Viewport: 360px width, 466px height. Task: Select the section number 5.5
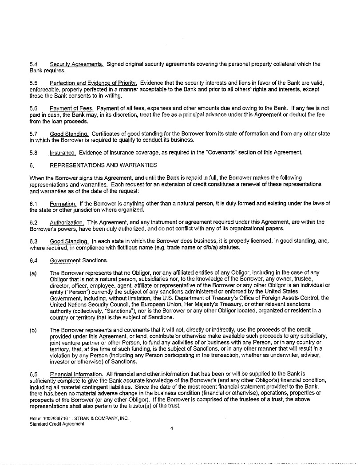[x=33, y=83]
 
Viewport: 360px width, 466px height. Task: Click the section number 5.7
[x=33, y=134]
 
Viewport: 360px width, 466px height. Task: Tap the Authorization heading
[x=67, y=222]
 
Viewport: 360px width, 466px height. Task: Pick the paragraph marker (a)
[x=33, y=272]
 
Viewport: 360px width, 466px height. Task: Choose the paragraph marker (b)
[x=33, y=330]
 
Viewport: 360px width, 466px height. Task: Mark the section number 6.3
[x=33, y=241]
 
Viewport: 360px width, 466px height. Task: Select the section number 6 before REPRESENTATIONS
[x=32, y=165]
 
